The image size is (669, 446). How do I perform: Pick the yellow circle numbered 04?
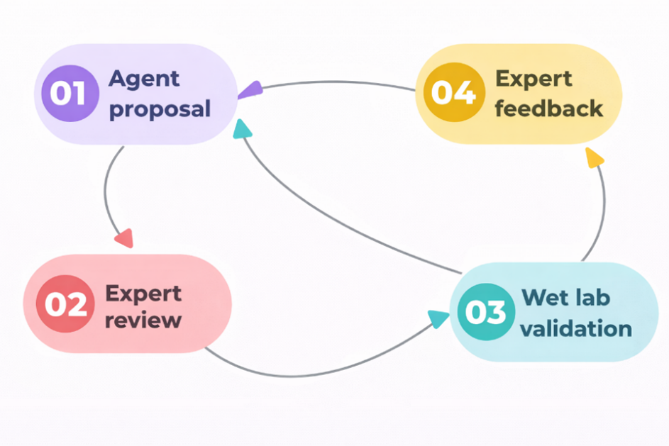tap(453, 93)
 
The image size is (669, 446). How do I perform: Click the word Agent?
tap(145, 79)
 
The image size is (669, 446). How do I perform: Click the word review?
tap(143, 320)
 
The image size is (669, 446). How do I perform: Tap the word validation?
tap(576, 328)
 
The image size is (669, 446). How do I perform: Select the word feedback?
tap(548, 108)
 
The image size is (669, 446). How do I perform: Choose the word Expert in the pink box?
tap(143, 293)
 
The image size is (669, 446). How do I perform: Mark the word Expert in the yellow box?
tap(533, 78)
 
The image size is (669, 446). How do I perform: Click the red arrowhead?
tap(124, 238)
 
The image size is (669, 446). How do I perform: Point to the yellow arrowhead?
tap(595, 158)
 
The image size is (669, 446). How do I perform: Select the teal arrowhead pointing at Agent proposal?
tap(243, 129)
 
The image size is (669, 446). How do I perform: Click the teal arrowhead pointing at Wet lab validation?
tap(438, 319)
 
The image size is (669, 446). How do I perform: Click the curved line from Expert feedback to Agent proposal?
tap(333, 82)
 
